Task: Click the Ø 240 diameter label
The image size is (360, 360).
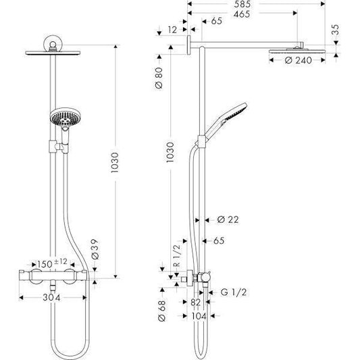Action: pyautogui.click(x=298, y=60)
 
